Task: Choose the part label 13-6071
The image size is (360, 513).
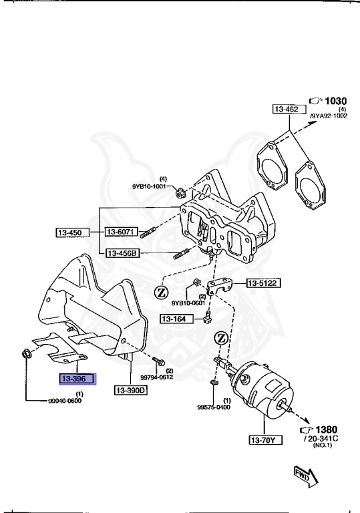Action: tap(120, 232)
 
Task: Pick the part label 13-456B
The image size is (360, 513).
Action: tap(120, 253)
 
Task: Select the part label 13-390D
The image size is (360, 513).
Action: tap(130, 390)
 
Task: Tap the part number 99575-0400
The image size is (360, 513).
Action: tap(214, 406)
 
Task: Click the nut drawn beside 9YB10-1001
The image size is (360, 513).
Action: tap(180, 194)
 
